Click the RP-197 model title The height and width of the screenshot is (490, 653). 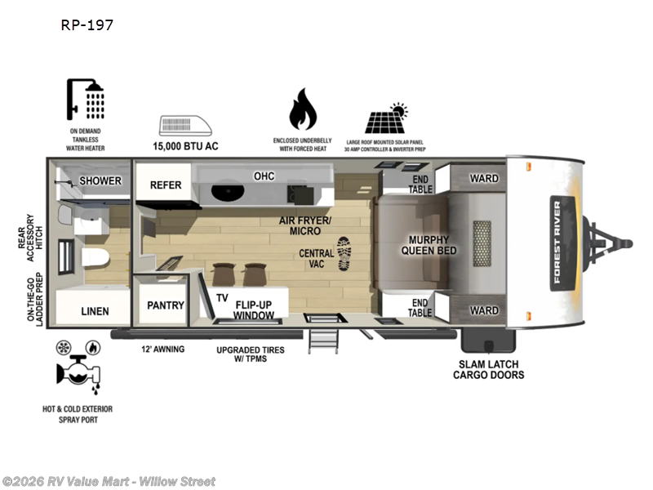(87, 24)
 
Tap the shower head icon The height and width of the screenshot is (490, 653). (87, 101)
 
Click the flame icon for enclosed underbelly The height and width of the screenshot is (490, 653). (302, 110)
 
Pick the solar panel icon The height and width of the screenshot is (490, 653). (386, 119)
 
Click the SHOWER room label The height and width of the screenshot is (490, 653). (100, 180)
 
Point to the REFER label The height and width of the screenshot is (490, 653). (166, 185)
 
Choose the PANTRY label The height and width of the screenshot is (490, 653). (166, 305)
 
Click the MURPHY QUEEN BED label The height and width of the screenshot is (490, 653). (428, 245)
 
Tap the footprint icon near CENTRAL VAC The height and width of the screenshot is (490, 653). (345, 253)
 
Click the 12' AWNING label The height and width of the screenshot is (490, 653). (162, 349)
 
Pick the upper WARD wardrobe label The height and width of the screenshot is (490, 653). (483, 179)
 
